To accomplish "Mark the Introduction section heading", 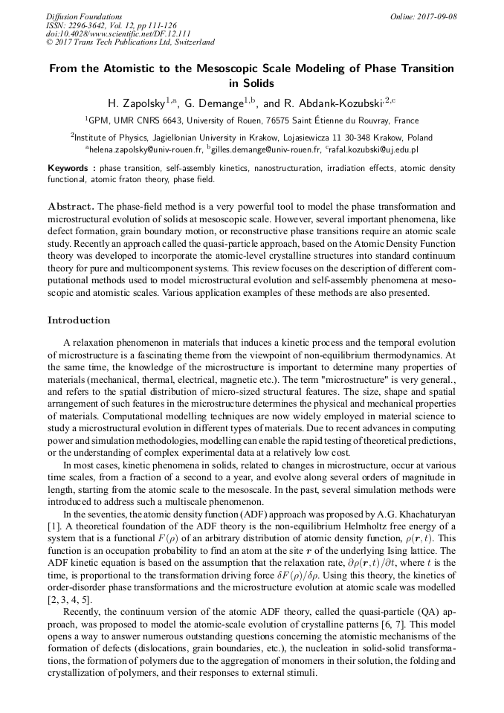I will tap(79, 320).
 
